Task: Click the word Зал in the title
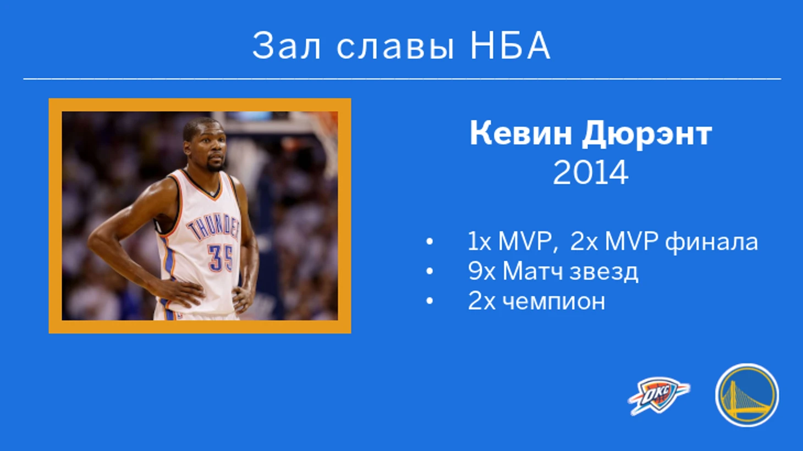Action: [x=286, y=46]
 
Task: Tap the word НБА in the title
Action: [x=510, y=46]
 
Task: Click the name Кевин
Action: [x=520, y=133]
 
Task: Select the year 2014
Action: [x=590, y=173]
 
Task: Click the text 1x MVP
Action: [x=510, y=241]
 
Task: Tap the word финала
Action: [x=712, y=243]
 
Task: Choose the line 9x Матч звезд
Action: [x=553, y=271]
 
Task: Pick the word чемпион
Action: [x=553, y=302]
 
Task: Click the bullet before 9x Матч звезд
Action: [x=430, y=271]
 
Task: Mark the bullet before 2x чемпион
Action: [x=430, y=301]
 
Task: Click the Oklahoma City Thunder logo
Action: [x=659, y=396]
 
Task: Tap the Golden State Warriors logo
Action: [x=747, y=395]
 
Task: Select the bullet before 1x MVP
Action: [x=430, y=241]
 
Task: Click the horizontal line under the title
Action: [x=402, y=79]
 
